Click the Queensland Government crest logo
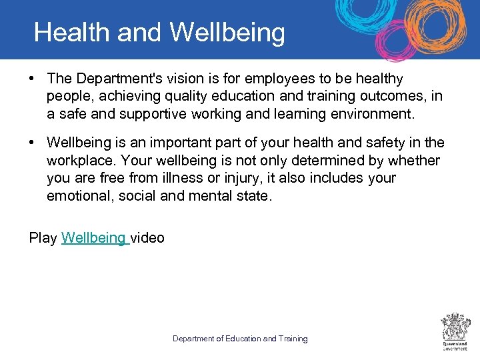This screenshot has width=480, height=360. pos(455,331)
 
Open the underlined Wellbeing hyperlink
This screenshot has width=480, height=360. pos(94,237)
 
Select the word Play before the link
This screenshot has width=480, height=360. pos(43,237)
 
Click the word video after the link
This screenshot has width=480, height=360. pos(147,237)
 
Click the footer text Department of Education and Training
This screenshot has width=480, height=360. pos(240,339)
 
